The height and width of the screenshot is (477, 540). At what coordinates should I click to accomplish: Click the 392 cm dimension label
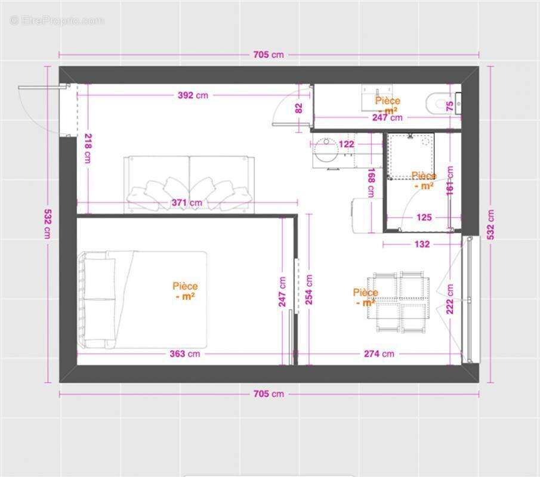193,95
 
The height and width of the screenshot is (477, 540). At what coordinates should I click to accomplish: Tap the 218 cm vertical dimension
88,148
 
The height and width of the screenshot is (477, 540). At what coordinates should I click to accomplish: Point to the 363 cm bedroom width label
185,354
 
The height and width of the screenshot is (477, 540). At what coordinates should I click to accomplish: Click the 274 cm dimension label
379,354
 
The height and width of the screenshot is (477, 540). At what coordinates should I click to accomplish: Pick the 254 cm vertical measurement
309,290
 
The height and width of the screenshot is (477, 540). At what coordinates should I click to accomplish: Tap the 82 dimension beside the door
299,108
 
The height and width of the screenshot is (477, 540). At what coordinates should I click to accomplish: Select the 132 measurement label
421,244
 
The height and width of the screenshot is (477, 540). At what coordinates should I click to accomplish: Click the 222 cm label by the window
450,298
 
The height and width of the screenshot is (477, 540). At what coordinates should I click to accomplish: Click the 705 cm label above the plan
269,55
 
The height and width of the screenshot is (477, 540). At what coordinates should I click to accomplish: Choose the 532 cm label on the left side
47,224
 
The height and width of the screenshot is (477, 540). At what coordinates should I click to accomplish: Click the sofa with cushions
188,185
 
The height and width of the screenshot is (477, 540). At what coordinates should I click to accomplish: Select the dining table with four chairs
400,303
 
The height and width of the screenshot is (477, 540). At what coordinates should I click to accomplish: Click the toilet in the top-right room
439,103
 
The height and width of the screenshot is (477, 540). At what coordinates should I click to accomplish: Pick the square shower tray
411,156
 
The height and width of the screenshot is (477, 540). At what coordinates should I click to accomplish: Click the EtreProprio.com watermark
57,20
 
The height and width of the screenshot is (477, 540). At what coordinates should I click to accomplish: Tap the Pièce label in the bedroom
185,291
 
